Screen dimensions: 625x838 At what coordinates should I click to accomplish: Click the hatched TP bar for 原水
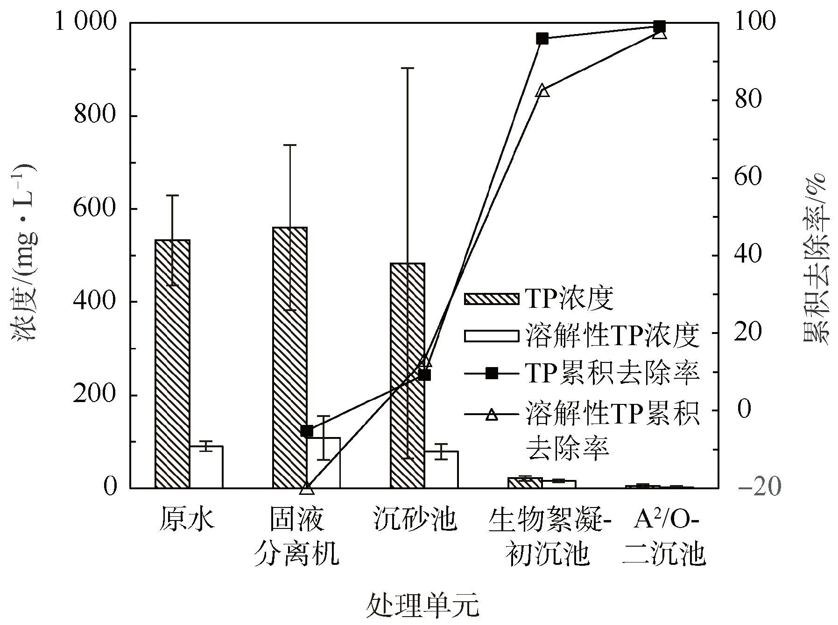coord(172,364)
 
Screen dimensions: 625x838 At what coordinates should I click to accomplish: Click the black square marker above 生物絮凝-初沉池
coord(542,38)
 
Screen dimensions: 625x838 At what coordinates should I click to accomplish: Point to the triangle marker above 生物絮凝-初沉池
coord(542,90)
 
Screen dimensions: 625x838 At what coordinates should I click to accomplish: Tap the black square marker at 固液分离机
coord(307,431)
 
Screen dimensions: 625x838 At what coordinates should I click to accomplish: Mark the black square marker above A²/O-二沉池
coord(659,26)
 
